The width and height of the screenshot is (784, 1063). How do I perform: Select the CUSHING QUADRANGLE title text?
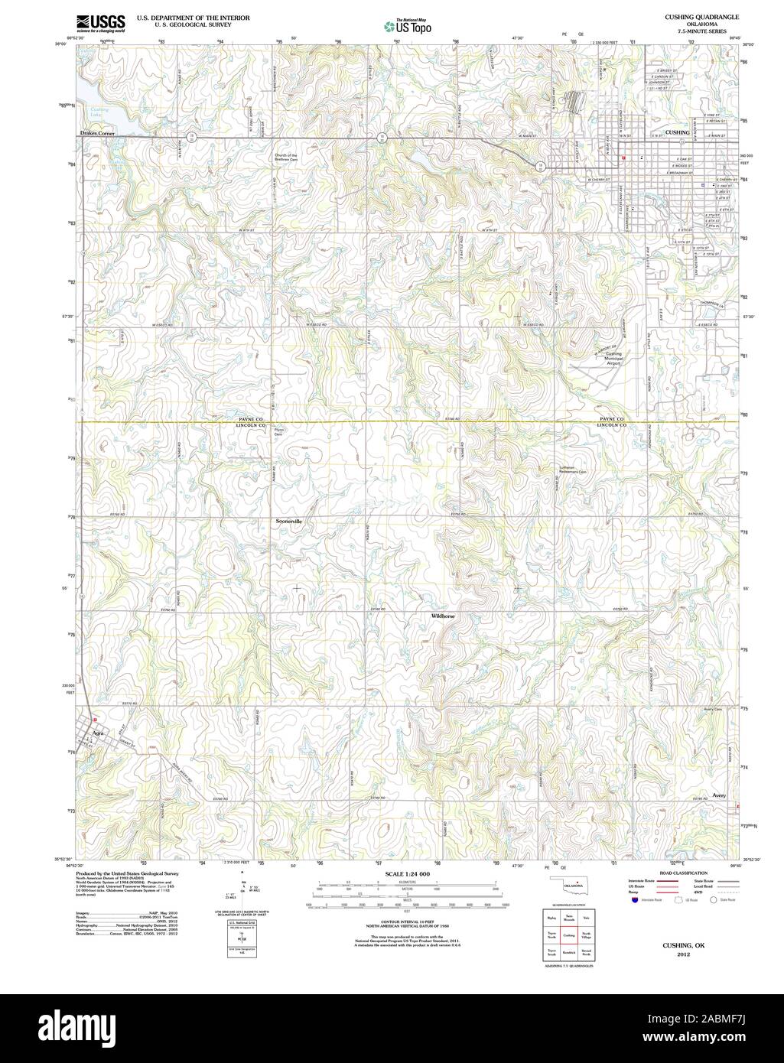pyautogui.click(x=702, y=15)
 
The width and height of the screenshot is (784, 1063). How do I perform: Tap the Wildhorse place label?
pyautogui.click(x=442, y=615)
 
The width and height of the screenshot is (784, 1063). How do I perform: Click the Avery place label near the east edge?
pyautogui.click(x=718, y=795)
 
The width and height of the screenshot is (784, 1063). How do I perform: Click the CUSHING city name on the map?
pyautogui.click(x=678, y=132)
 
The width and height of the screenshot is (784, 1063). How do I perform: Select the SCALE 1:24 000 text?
pyautogui.click(x=408, y=873)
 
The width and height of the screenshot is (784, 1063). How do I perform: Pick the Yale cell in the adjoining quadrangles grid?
pyautogui.click(x=586, y=916)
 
